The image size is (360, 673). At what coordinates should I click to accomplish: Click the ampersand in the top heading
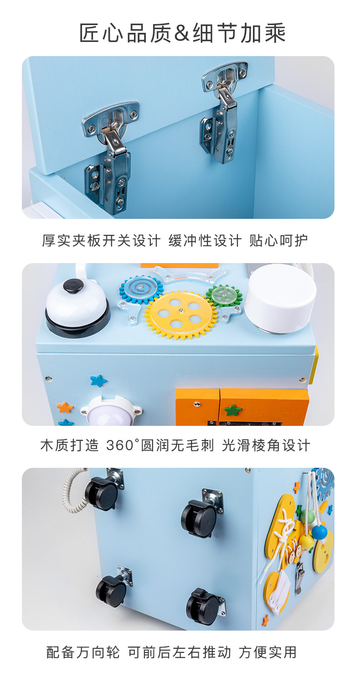[182, 32]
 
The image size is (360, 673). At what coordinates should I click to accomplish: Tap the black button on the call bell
[73, 286]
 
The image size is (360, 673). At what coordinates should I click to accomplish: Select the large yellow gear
[181, 315]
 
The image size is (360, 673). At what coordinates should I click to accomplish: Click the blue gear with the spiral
[141, 290]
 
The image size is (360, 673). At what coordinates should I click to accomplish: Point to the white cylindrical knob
[280, 299]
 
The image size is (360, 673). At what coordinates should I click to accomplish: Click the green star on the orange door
[233, 410]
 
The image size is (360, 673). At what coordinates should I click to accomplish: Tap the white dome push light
[110, 411]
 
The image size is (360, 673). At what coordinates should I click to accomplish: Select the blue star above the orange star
[98, 380]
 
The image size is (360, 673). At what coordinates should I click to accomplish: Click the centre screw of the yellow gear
[181, 311]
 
